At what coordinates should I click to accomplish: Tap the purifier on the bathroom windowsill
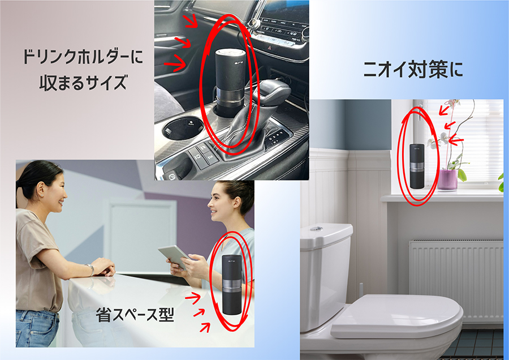click(417, 166)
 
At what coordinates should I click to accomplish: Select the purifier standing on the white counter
click(232, 284)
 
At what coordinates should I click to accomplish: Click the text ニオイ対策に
click(413, 70)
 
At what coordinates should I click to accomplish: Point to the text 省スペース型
click(135, 315)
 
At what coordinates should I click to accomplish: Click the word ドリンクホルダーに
click(83, 57)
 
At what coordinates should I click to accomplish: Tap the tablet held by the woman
click(175, 256)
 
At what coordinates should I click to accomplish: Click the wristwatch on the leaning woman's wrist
click(91, 269)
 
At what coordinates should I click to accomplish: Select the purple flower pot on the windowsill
click(447, 179)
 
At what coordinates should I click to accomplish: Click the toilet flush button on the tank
click(314, 228)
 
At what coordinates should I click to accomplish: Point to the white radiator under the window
click(456, 281)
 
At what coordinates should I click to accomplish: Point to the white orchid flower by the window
click(443, 138)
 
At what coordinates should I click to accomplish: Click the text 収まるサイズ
click(83, 82)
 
